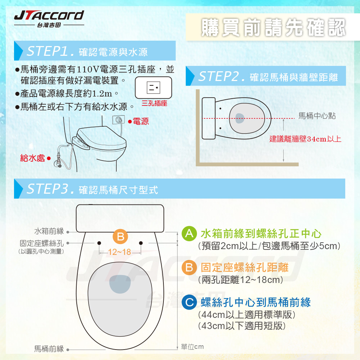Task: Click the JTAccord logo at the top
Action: pos(49,18)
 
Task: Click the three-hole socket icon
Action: pos(153,87)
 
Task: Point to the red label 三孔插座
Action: pos(154,103)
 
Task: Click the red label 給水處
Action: pos(32,158)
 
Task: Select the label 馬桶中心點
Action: pos(317,116)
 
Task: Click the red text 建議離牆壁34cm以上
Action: pos(305,139)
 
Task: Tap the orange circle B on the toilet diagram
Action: pos(120,237)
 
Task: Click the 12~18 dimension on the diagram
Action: pos(120,252)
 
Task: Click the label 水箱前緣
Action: pos(49,231)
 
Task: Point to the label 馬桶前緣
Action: pos(49,348)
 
